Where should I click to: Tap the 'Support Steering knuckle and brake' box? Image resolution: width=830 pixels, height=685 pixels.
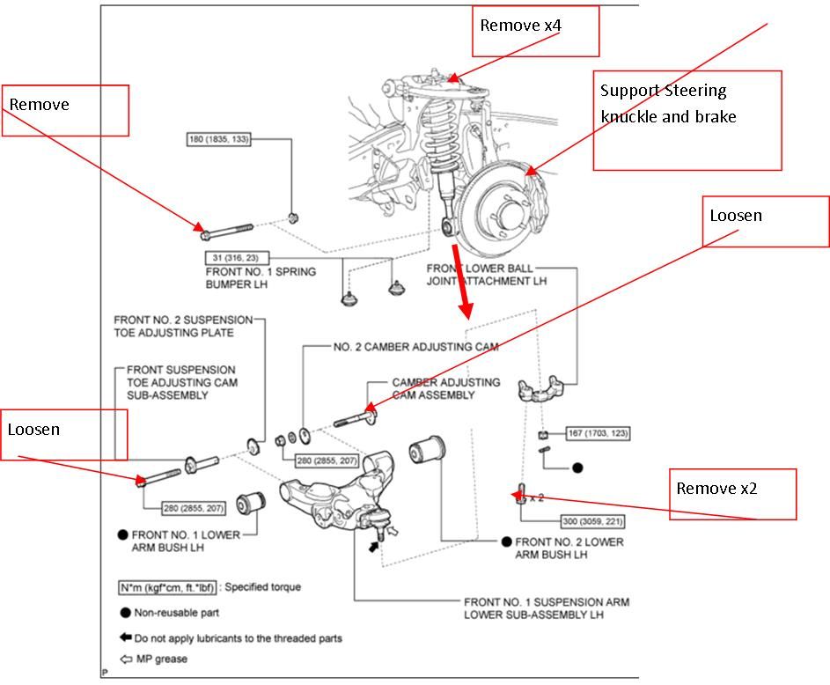[x=687, y=120]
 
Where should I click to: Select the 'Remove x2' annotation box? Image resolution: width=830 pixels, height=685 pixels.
[x=736, y=494]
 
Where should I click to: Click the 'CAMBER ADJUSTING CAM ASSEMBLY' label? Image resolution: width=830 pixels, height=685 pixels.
[x=445, y=389]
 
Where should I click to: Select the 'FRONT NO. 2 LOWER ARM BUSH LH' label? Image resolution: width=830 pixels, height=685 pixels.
[x=569, y=548]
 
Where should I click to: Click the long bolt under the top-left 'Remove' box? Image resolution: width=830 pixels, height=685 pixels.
[x=227, y=232]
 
